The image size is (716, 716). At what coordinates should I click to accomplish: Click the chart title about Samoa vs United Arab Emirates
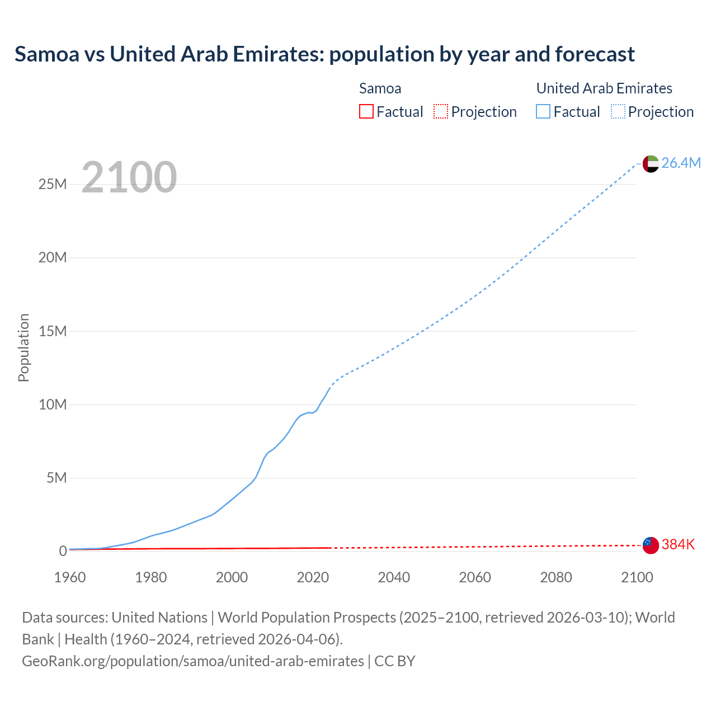click(324, 54)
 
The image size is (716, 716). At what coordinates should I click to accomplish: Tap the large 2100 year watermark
click(129, 177)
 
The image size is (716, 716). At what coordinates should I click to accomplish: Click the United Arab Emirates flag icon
click(651, 163)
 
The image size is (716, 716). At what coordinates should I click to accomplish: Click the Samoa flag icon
click(651, 545)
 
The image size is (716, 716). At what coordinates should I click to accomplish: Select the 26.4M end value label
click(681, 163)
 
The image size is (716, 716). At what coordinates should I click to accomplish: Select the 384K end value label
click(678, 544)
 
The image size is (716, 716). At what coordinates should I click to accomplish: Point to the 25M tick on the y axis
click(53, 184)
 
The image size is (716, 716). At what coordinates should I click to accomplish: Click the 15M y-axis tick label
click(53, 331)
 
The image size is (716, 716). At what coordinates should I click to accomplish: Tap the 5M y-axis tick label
click(56, 478)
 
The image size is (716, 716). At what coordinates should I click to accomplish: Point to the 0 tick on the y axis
click(63, 551)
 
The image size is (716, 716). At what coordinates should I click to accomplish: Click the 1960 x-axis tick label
click(70, 577)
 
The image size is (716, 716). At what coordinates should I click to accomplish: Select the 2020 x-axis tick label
click(313, 577)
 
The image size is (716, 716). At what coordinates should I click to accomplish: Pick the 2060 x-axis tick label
click(475, 577)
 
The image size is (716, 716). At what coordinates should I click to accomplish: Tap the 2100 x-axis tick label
click(637, 577)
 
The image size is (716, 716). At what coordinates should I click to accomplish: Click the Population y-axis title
click(23, 347)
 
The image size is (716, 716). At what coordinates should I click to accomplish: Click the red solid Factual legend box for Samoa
click(366, 111)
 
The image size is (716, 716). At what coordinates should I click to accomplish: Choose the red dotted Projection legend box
click(441, 111)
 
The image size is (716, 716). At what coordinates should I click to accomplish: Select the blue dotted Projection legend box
click(618, 111)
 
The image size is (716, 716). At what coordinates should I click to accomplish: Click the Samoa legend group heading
click(380, 88)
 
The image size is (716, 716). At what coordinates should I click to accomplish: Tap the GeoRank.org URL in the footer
click(193, 661)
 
